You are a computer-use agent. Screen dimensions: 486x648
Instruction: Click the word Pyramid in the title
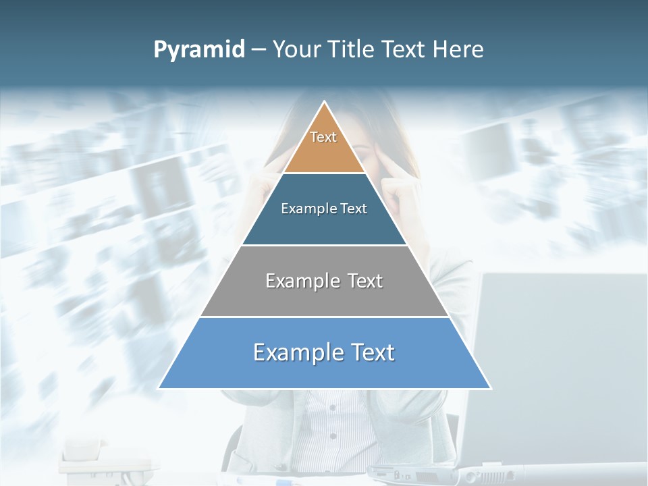pyautogui.click(x=199, y=50)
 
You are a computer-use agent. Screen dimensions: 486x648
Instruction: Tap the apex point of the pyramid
pyautogui.click(x=325, y=103)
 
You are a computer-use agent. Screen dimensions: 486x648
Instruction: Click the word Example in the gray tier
pyautogui.click(x=301, y=281)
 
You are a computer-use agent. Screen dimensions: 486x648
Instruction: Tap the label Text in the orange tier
pyautogui.click(x=323, y=137)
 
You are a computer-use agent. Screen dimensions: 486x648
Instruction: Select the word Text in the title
pyautogui.click(x=406, y=50)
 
